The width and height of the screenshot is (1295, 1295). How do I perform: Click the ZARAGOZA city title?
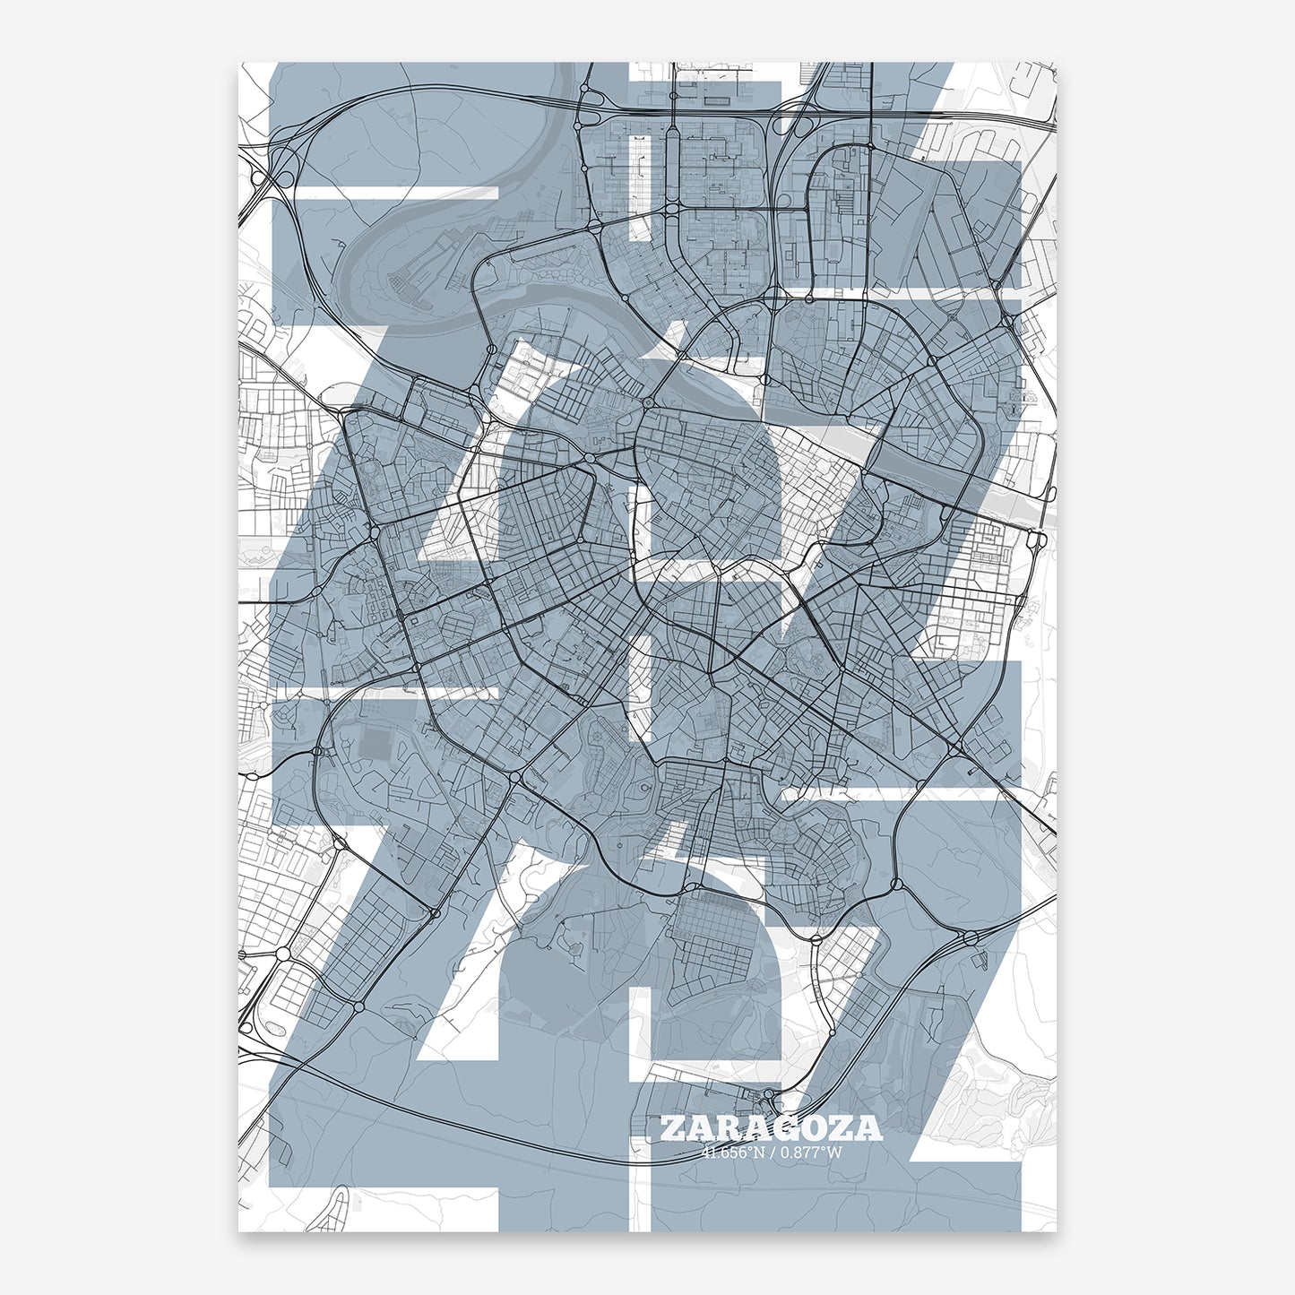coord(771,1128)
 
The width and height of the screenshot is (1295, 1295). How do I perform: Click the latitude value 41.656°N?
coord(733,1153)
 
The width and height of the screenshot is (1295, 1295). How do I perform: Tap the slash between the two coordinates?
coord(772,1153)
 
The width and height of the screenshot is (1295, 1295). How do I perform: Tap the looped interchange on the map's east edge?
coord(1038,540)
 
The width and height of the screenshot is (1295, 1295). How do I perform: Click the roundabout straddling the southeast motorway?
coord(970,938)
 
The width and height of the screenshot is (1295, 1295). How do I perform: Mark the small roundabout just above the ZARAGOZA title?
coord(769,1094)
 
